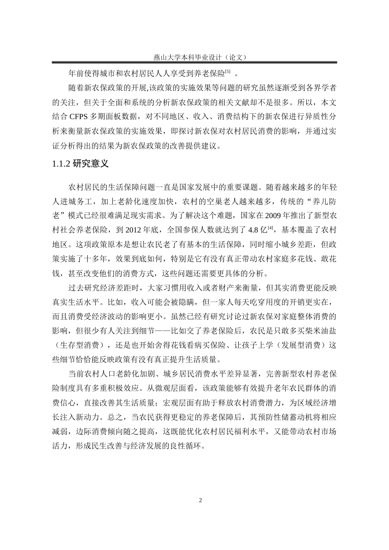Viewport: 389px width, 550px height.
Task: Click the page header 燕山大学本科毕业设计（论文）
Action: click(x=194, y=57)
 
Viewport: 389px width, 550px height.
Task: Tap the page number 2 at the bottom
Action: click(x=200, y=500)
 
